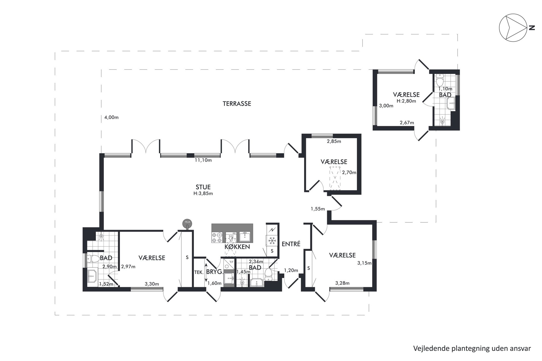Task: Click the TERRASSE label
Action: click(x=237, y=104)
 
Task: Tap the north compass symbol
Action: click(x=513, y=28)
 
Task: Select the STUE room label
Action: click(x=203, y=187)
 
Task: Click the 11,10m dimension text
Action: click(x=203, y=160)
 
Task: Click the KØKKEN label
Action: click(x=237, y=247)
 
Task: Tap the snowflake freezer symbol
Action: click(x=272, y=241)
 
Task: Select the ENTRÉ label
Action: click(x=291, y=244)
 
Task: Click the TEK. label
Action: click(x=199, y=272)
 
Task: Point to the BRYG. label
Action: click(x=215, y=272)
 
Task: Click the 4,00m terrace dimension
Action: click(x=111, y=118)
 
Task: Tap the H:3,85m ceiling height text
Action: click(x=203, y=194)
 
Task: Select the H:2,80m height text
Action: click(x=406, y=101)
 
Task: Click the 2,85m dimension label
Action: click(x=334, y=141)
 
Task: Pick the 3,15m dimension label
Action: click(x=364, y=263)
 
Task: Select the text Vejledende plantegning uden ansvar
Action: click(x=472, y=348)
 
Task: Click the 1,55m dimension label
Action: click(x=318, y=209)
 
